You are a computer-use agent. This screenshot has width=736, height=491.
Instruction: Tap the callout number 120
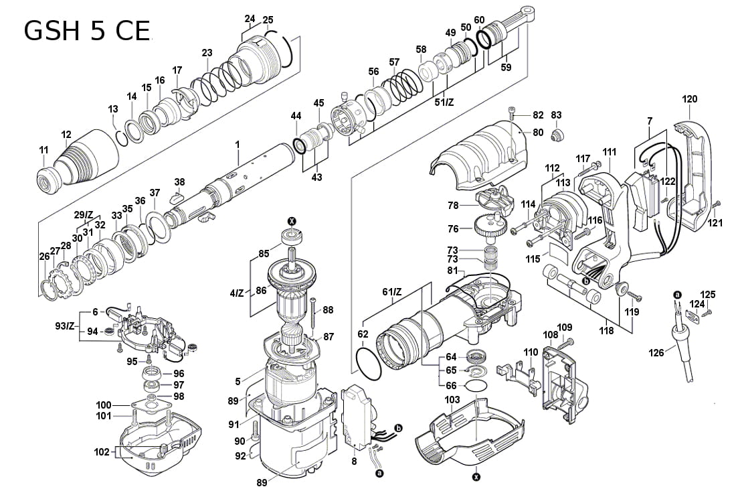pos(689,99)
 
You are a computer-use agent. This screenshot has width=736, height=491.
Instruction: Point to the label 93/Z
pos(65,326)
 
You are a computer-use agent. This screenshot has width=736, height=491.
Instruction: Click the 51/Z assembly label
pos(444,101)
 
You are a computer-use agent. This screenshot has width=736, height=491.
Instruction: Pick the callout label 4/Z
pos(237,292)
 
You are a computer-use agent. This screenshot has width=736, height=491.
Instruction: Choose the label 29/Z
pos(84,214)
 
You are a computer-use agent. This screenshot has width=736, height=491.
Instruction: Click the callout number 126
pos(658,352)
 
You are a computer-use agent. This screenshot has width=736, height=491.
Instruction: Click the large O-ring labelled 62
pos(369,366)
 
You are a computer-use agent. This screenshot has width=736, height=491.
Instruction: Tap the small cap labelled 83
pos(555,136)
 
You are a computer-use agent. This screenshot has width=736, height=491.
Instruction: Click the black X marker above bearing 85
pos(292,222)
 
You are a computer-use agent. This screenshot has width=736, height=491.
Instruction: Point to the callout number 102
pos(102,452)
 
